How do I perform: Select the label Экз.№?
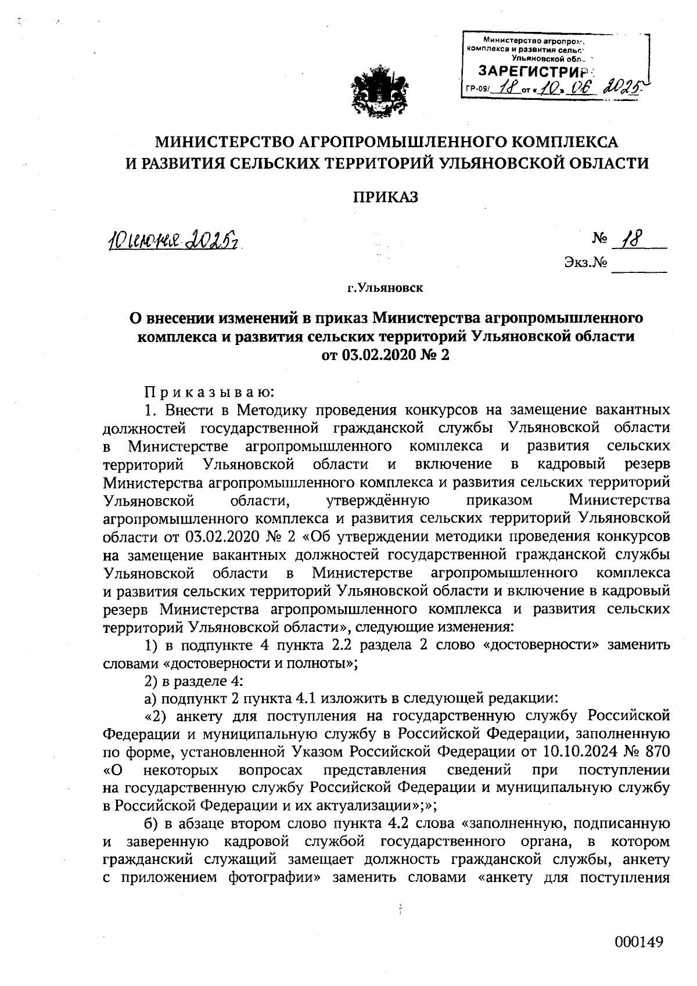coord(585,263)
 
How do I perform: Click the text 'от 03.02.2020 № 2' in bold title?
coord(386,354)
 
